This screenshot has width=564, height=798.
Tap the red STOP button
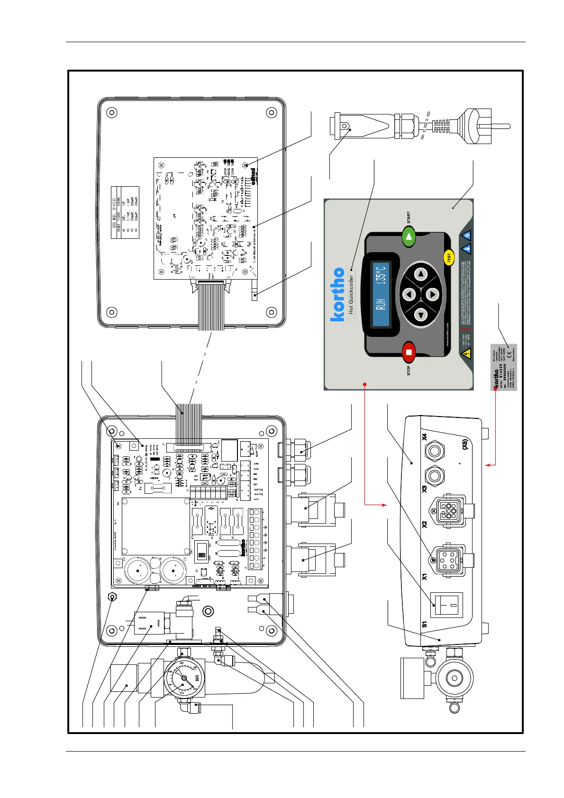tap(409, 352)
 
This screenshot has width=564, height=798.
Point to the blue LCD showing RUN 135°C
tap(381, 294)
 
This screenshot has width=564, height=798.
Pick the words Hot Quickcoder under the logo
tap(351, 295)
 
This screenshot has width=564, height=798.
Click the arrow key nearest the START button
tap(421, 274)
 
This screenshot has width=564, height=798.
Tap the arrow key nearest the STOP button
tap(421, 314)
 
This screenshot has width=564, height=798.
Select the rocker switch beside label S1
tap(446, 605)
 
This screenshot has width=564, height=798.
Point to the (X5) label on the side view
tap(465, 444)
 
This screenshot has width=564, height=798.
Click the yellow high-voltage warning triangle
tap(466, 353)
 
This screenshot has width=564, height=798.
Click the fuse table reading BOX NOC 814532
tap(125, 212)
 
